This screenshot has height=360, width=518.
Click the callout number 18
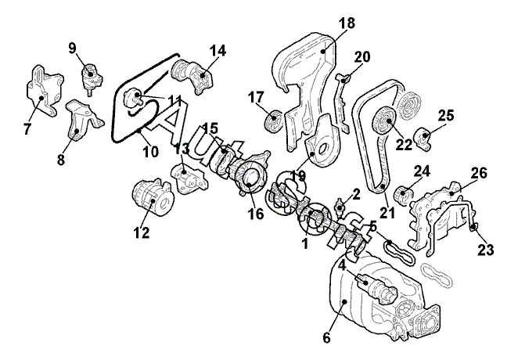(x=347, y=23)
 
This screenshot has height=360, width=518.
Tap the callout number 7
(x=27, y=128)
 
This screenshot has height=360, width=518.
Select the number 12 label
(x=142, y=232)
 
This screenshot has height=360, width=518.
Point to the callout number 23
(x=486, y=250)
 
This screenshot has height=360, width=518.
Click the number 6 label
(x=326, y=337)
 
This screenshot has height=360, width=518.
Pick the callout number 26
(x=479, y=172)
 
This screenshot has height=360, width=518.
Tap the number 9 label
(x=72, y=49)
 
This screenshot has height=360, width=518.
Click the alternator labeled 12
(x=153, y=197)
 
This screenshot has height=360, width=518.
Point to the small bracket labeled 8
(x=85, y=119)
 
